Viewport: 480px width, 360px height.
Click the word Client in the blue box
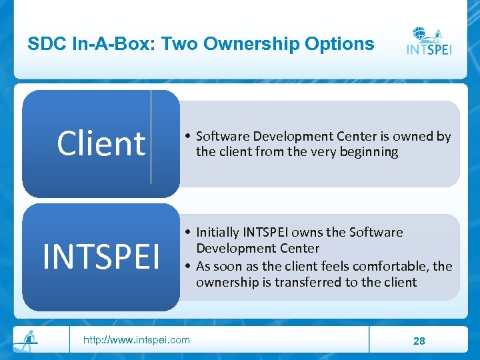coord(101,143)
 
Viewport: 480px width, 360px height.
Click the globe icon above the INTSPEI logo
coord(420,33)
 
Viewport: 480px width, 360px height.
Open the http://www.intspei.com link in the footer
coord(136,340)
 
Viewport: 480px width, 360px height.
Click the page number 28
coord(419,341)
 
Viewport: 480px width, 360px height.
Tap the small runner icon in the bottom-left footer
coord(27,339)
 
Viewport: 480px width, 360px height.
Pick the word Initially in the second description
coord(217,233)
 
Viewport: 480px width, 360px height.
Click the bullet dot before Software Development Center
coord(189,137)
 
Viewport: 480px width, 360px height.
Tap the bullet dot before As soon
coord(189,266)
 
